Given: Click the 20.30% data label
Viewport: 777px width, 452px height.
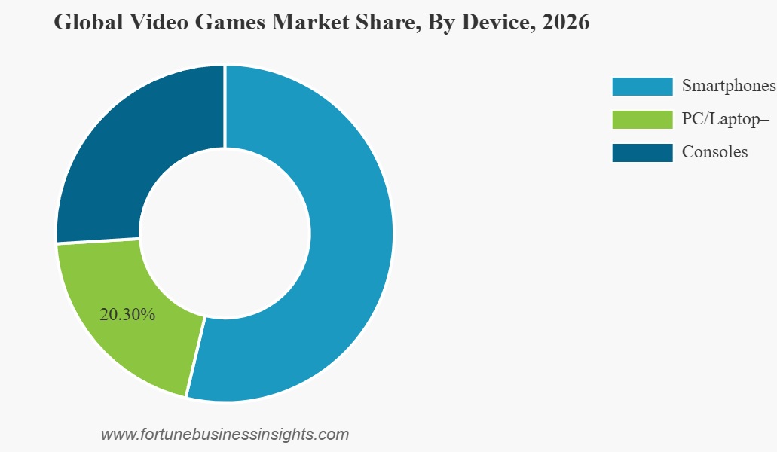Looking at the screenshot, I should point(127,315).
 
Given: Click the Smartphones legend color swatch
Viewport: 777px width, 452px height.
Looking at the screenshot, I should point(641,86).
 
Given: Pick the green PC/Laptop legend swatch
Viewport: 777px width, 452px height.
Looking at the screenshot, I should point(641,119).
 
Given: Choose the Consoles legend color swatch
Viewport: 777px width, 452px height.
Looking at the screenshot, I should point(641,152).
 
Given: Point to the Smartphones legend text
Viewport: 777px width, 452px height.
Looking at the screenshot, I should point(728,86).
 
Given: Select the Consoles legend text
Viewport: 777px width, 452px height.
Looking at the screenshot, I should point(714,152).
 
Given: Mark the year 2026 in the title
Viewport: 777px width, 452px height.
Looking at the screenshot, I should point(564,23).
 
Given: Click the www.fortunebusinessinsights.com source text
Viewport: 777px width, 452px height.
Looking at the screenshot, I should point(225,435).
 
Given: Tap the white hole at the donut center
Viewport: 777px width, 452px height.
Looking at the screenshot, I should point(225,234).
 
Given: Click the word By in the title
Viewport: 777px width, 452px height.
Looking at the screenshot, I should point(441,23).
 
